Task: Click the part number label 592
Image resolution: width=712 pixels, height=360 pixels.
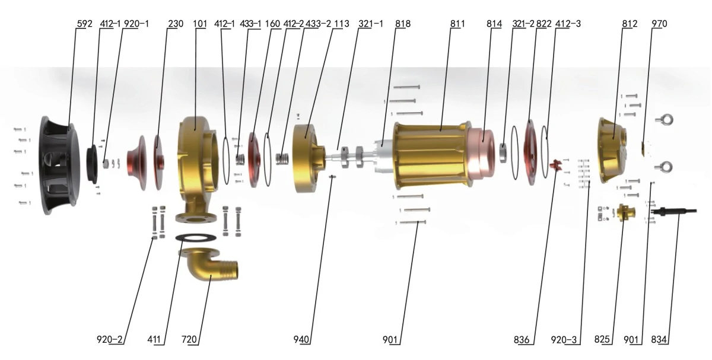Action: (84, 24)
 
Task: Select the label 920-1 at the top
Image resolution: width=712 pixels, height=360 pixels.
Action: (136, 24)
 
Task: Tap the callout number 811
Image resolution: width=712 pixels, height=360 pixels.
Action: (457, 24)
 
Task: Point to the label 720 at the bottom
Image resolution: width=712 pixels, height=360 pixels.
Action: (189, 339)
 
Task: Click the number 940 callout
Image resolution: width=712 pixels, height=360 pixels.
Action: (301, 339)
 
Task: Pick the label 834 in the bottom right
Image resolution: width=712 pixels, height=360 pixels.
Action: (659, 339)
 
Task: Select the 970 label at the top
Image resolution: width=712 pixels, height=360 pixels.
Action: (659, 24)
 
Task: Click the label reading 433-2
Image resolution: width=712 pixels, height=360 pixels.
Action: (318, 24)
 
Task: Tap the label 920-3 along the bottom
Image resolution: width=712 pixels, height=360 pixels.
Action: (564, 340)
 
